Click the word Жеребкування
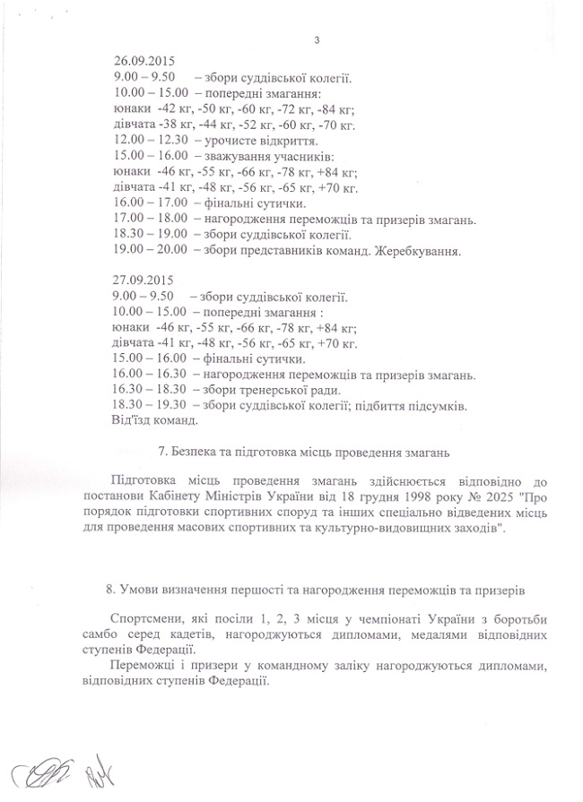tap(421, 252)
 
